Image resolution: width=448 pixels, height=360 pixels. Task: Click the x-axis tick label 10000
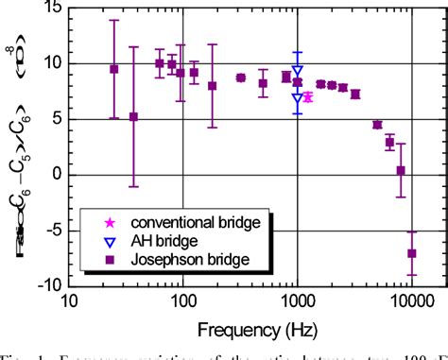coord(411,302)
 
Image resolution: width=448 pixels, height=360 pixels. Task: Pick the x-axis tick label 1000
coord(297,302)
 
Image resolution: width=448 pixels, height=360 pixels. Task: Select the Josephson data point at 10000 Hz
coord(411,252)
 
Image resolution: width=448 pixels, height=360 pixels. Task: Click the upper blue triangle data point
coord(298,71)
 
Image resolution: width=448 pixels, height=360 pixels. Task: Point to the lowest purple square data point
coord(411,252)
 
